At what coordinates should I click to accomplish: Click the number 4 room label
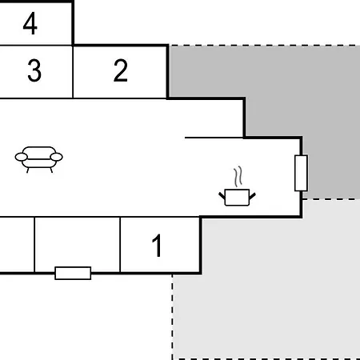click(x=30, y=23)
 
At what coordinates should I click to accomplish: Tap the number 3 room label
click(x=34, y=70)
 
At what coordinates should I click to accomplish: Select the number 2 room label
click(x=121, y=70)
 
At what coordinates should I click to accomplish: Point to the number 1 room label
click(x=157, y=246)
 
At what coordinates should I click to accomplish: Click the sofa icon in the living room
click(x=39, y=159)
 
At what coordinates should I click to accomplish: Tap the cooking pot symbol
click(x=237, y=198)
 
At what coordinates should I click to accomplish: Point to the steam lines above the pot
click(x=238, y=177)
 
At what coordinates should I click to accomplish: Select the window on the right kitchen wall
click(x=301, y=173)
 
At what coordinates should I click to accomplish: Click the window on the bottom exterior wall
click(x=73, y=273)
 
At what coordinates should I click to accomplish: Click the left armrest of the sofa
click(x=22, y=157)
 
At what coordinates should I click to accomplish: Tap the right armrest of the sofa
click(x=56, y=157)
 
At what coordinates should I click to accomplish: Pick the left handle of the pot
click(x=222, y=196)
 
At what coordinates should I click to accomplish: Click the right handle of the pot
click(x=252, y=196)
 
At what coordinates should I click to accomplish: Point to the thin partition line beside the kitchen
click(x=214, y=138)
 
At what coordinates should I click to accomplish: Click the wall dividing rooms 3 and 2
click(x=73, y=72)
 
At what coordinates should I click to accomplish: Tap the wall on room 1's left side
click(x=120, y=245)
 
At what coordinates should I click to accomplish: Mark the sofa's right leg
click(x=51, y=170)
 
